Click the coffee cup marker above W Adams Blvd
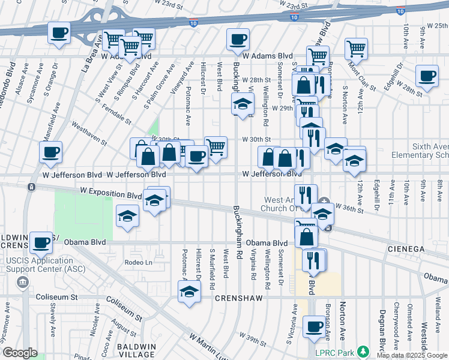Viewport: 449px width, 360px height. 238,40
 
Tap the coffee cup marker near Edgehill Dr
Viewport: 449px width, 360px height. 427,76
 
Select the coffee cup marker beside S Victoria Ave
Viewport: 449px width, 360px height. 313,326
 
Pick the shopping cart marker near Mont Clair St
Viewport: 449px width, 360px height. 356,47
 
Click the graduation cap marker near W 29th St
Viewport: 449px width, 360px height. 243,104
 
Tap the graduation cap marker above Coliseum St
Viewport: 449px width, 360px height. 189,292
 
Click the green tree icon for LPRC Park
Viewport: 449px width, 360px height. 362,351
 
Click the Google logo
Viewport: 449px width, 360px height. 19,353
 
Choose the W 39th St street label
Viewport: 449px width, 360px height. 252,337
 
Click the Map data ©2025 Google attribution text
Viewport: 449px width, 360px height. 411,355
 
